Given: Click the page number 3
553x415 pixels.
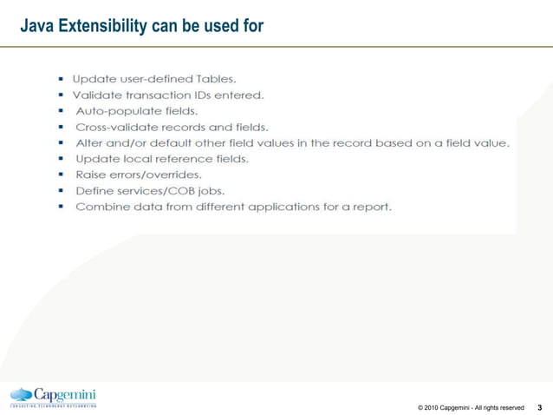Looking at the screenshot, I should point(541,406).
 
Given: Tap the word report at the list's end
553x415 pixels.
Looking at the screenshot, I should point(373,207).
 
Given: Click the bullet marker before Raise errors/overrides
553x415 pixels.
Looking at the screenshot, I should point(62,175).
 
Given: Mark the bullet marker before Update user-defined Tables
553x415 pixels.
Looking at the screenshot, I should point(62,78).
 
